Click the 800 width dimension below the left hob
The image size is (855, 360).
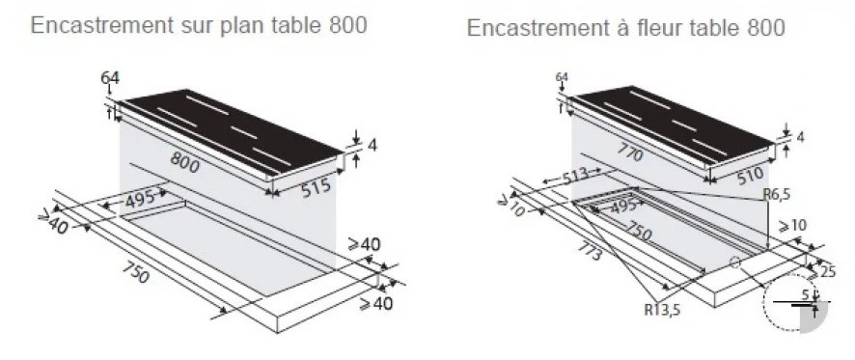(x=185, y=162)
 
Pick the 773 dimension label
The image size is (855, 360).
(x=589, y=252)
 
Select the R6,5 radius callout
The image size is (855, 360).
(x=777, y=194)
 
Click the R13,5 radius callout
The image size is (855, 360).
(x=663, y=311)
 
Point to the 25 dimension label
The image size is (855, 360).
(x=827, y=271)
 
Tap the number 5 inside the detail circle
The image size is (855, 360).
(x=805, y=295)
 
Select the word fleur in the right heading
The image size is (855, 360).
(x=660, y=27)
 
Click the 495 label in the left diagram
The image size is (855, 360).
(x=141, y=200)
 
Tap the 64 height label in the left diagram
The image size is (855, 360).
(x=110, y=78)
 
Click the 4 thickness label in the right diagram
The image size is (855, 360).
(x=800, y=137)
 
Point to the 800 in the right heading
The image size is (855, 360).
(x=766, y=27)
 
